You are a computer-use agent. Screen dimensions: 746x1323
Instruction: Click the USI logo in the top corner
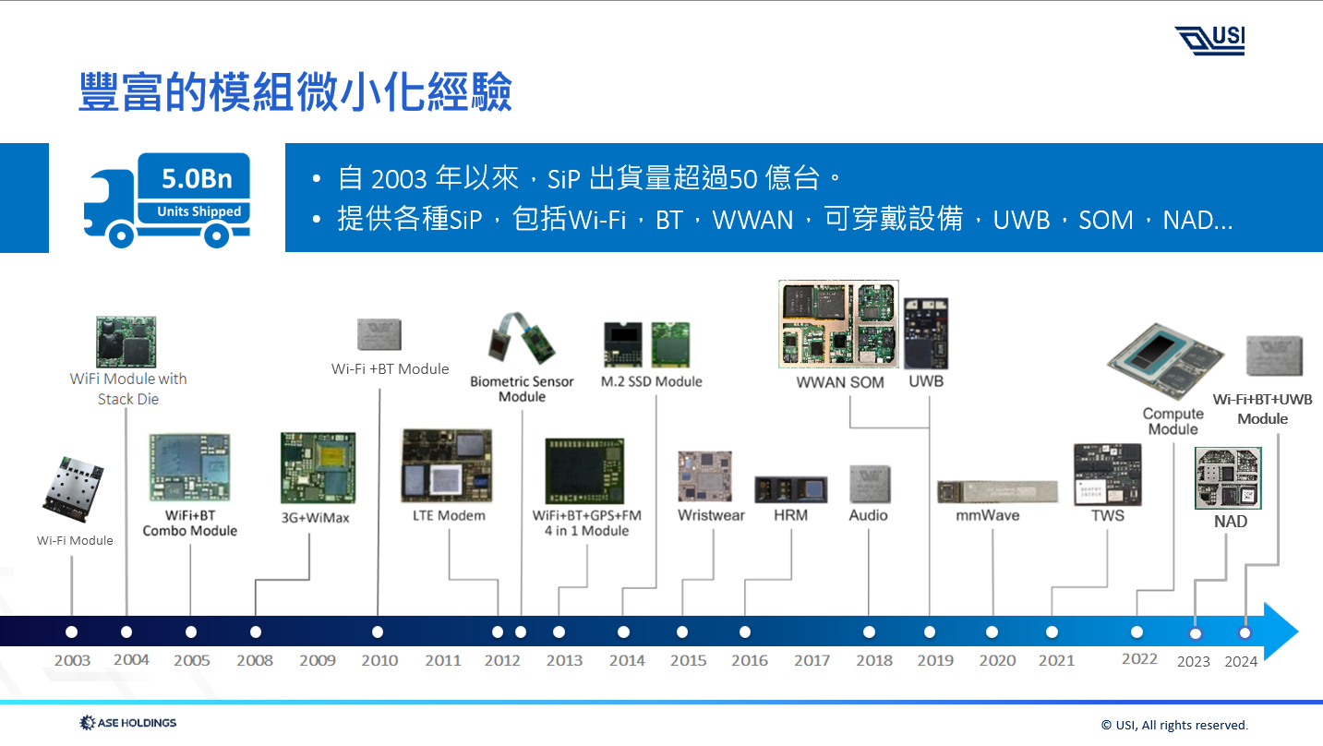1209,41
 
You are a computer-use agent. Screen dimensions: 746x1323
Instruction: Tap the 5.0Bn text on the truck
192,177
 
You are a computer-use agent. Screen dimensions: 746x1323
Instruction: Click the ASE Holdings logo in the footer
128,723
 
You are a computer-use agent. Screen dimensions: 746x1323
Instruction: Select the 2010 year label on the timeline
379,660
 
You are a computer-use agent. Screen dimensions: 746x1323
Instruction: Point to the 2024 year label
1241,661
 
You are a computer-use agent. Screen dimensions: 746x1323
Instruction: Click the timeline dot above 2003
72,632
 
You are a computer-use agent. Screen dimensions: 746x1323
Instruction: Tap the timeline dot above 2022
1137,632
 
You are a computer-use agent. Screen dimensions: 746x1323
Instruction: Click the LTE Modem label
449,515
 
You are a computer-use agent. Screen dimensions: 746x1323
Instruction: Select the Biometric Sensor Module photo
523,341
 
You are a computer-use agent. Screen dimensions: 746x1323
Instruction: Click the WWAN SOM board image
838,324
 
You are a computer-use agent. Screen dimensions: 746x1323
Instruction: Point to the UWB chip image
926,333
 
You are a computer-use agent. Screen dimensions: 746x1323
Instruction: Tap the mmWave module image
996,492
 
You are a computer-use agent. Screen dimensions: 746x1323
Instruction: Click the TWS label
1107,515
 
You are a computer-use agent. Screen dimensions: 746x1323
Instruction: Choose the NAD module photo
1228,477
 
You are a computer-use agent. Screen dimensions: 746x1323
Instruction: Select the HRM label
790,515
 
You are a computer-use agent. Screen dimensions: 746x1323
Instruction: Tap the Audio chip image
869,485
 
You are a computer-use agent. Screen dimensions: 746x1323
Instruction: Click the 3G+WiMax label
316,518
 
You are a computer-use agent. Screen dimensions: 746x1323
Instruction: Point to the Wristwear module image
706,476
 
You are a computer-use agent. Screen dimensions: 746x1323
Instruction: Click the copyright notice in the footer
1173,725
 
